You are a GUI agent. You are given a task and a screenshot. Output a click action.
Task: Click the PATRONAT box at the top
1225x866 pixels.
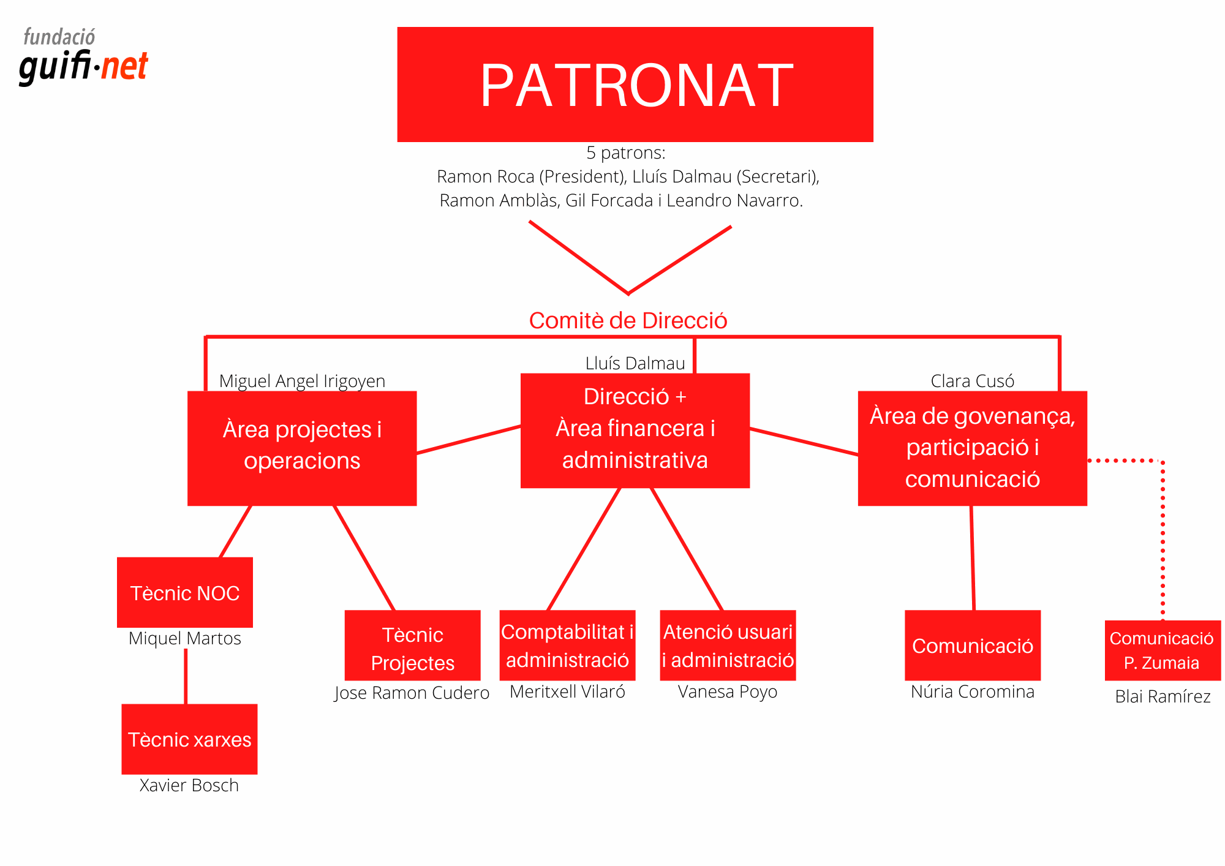[x=635, y=85]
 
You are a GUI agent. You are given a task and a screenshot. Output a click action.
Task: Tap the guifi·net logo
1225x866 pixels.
[x=83, y=58]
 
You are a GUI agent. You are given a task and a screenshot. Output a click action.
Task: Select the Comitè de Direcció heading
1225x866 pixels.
[x=628, y=320]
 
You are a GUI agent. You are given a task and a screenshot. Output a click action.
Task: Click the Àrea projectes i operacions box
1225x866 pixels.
[x=302, y=448]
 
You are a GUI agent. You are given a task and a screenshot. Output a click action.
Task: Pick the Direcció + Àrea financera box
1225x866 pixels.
[x=635, y=430]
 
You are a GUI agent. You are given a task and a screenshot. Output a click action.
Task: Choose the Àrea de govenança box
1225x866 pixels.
[x=972, y=448]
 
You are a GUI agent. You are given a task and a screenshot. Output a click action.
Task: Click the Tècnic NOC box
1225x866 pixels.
[x=184, y=592]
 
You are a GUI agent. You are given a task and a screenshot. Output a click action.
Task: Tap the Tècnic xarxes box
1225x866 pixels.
[x=189, y=739]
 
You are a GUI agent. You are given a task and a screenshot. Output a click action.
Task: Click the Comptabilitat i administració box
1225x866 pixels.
[x=567, y=645]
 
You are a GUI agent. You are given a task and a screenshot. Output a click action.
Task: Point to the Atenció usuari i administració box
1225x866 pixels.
[x=728, y=645]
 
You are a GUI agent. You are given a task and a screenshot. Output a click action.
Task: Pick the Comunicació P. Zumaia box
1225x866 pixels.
[x=1162, y=650]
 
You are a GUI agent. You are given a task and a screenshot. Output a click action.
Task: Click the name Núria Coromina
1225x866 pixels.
[x=972, y=691]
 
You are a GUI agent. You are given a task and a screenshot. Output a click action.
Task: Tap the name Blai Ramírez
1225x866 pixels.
[x=1162, y=696]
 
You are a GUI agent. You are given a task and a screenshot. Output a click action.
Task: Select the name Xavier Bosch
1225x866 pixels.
[x=189, y=785]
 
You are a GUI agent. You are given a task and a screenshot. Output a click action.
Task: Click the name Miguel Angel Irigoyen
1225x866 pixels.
[x=302, y=381]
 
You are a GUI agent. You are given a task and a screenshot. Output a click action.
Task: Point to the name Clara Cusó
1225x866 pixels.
[x=972, y=381]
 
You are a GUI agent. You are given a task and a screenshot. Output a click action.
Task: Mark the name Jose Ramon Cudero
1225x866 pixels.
[x=412, y=693]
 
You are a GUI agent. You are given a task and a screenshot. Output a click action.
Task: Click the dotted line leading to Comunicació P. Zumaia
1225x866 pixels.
[x=1163, y=539]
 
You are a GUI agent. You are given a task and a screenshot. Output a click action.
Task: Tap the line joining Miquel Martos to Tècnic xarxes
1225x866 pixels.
[x=186, y=676]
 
